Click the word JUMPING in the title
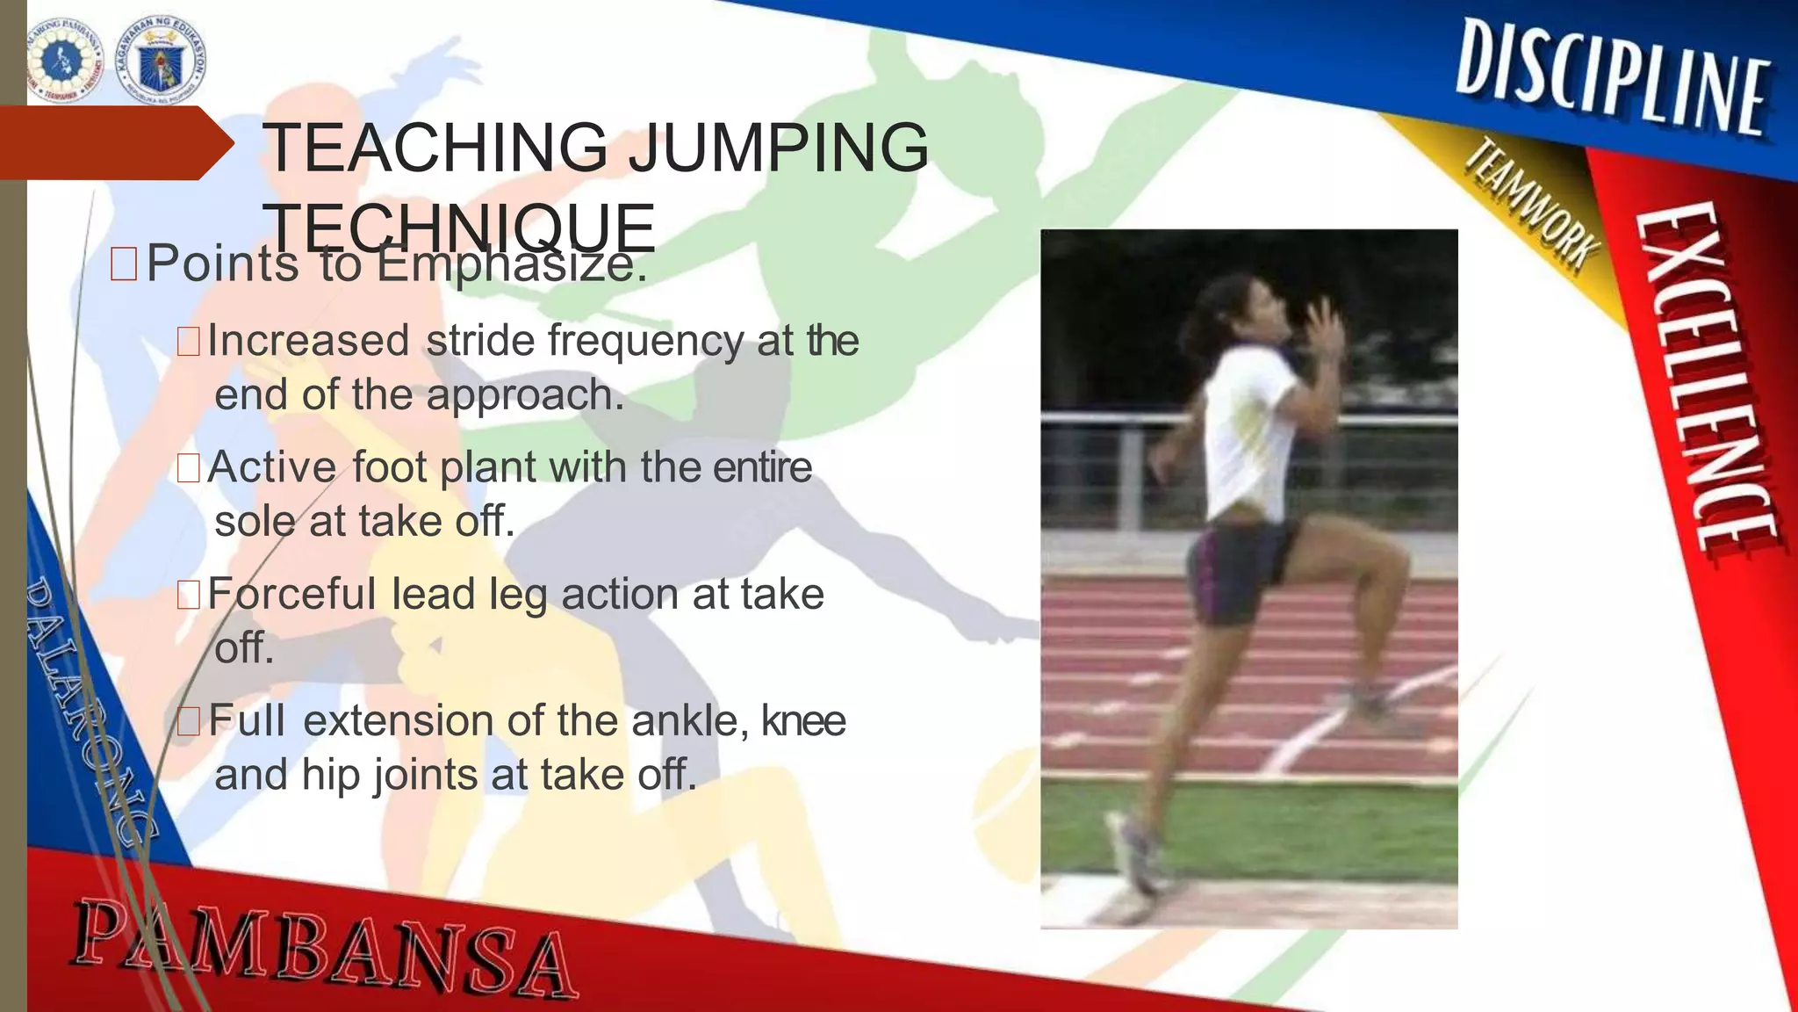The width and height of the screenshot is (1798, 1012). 779,147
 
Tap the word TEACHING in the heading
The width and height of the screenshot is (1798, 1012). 435,147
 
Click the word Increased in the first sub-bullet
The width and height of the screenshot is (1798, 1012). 308,341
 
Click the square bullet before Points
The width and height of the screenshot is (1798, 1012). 124,264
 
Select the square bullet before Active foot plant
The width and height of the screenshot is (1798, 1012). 189,468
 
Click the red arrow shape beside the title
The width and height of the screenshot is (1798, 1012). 114,143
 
